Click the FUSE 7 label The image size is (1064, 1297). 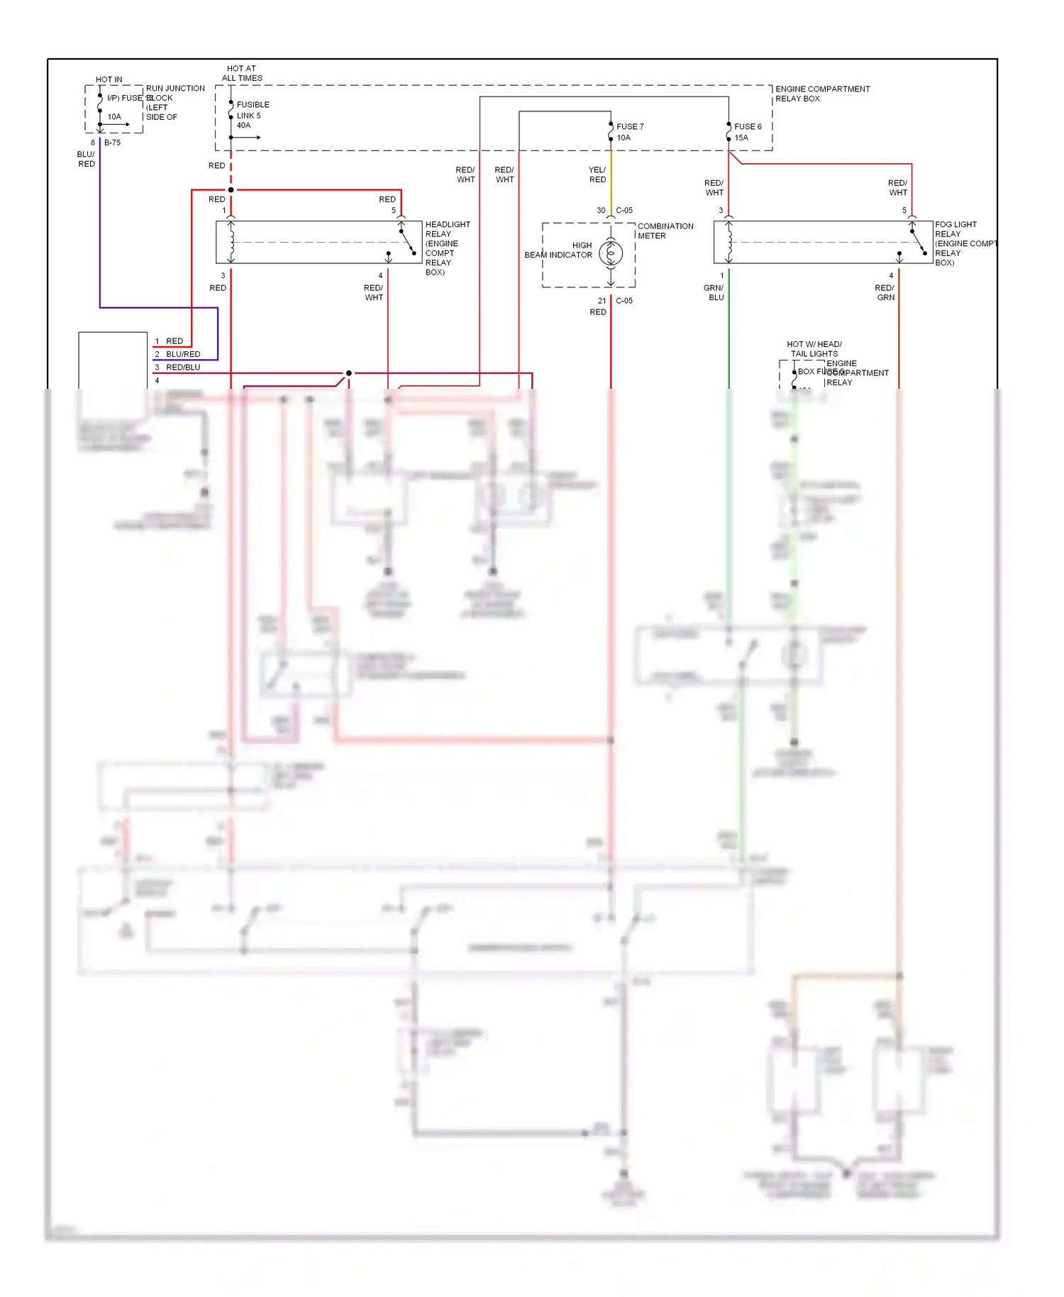pyautogui.click(x=629, y=126)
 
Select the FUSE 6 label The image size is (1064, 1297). pyautogui.click(x=748, y=126)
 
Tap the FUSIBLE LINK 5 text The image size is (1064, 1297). pyautogui.click(x=253, y=114)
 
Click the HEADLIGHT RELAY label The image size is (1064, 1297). pyautogui.click(x=447, y=228)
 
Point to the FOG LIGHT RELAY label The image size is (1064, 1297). pyautogui.click(x=955, y=228)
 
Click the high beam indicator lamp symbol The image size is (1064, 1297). pyautogui.click(x=611, y=253)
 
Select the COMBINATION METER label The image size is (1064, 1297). pyautogui.click(x=665, y=231)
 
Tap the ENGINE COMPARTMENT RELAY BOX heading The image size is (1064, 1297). pyautogui.click(x=821, y=94)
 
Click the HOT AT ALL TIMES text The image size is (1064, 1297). pyautogui.click(x=242, y=73)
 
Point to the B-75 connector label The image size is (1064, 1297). pyautogui.click(x=112, y=143)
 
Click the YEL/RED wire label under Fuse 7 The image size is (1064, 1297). pyautogui.click(x=597, y=175)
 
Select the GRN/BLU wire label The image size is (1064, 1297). pyautogui.click(x=714, y=292)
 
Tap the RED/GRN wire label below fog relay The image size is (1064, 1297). pyautogui.click(x=885, y=292)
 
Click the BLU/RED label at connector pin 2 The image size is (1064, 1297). pyautogui.click(x=183, y=354)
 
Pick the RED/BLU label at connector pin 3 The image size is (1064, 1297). pyautogui.click(x=183, y=368)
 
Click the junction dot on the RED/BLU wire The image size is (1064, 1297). pyautogui.click(x=348, y=373)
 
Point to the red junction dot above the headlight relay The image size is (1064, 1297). pyautogui.click(x=231, y=190)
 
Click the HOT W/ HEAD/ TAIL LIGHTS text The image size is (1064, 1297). pyautogui.click(x=814, y=348)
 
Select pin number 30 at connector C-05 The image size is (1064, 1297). pyautogui.click(x=601, y=211)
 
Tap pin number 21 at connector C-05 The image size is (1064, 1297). pyautogui.click(x=602, y=301)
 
